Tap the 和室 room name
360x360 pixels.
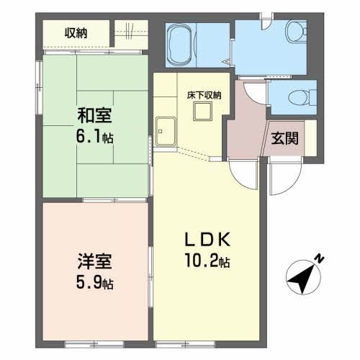(93, 114)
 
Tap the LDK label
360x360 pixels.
(210, 239)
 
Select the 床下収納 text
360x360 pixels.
(204, 95)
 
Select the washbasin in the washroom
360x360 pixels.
(296, 32)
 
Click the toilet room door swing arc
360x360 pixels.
(253, 90)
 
